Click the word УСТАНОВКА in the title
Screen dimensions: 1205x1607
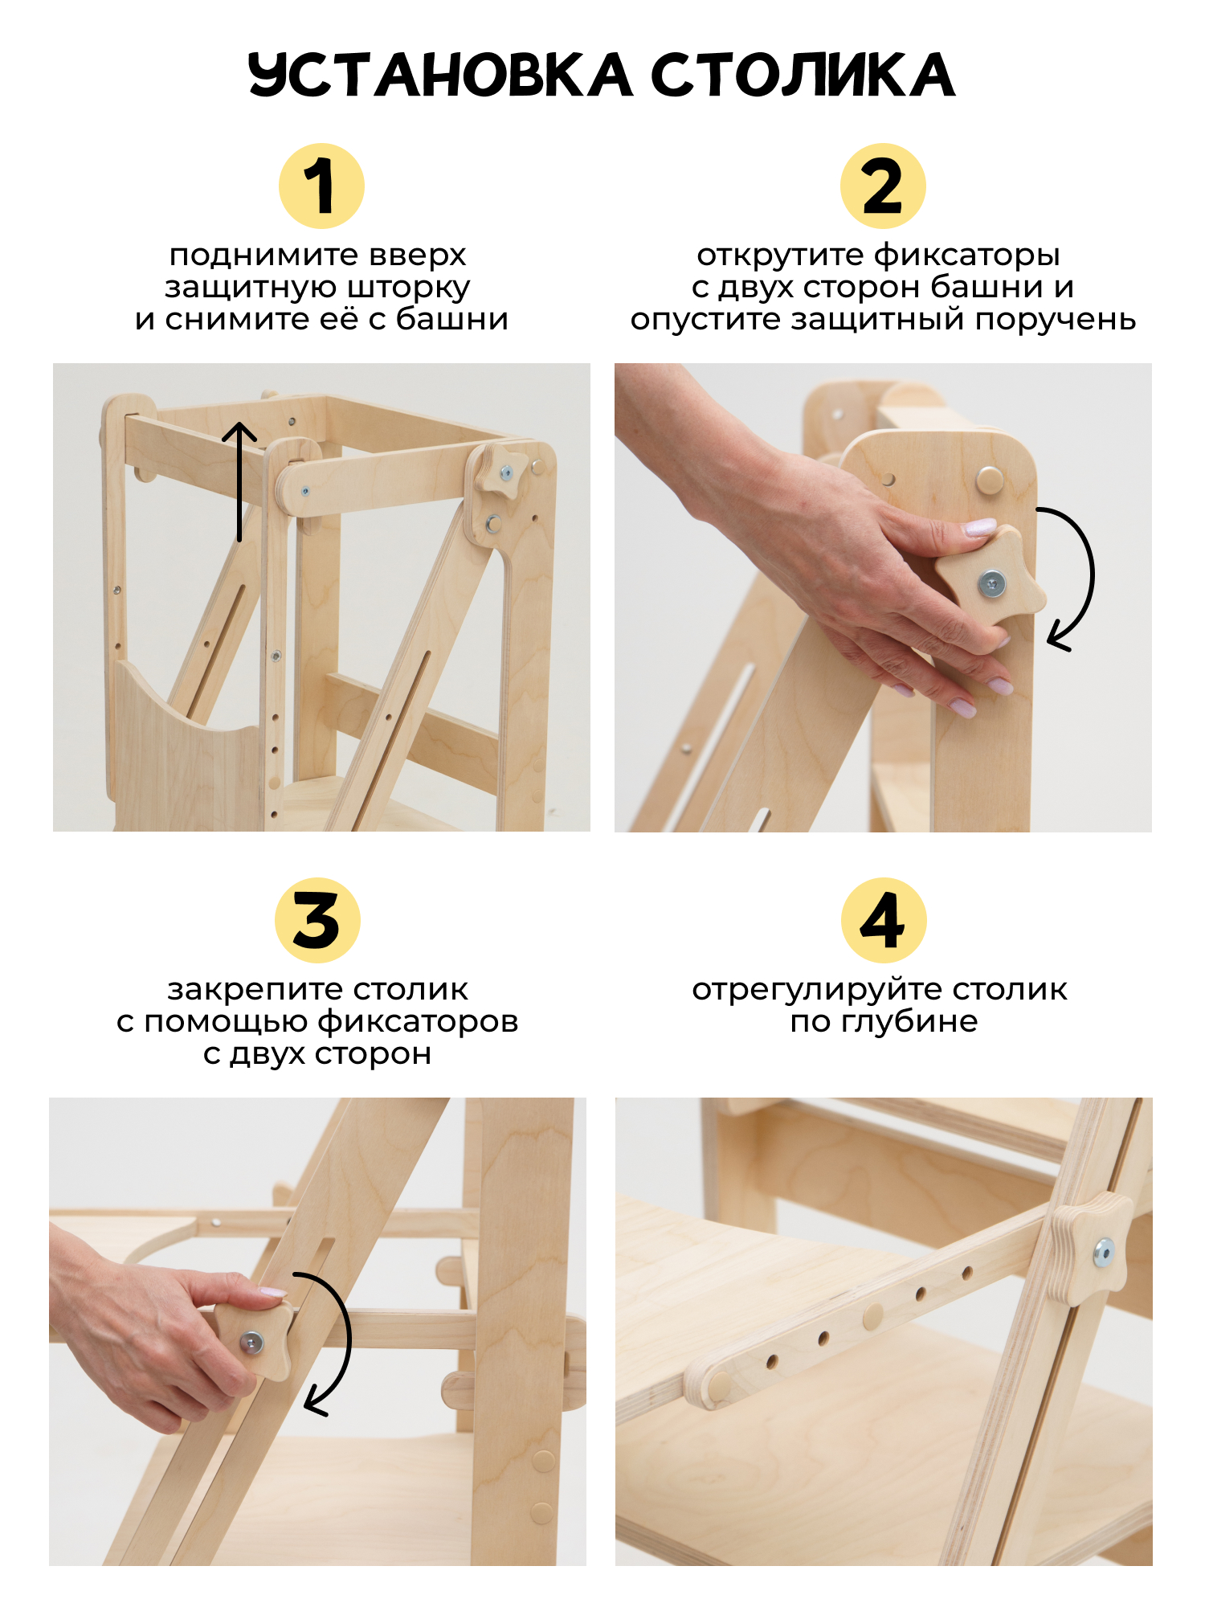440,75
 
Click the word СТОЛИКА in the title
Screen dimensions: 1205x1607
803,75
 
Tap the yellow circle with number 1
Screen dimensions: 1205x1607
321,186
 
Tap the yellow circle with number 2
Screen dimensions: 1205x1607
883,186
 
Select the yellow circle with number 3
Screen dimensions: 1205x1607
317,920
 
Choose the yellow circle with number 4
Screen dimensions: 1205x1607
884,920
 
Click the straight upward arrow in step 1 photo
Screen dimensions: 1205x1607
239,481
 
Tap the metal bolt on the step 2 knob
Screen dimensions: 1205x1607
993,583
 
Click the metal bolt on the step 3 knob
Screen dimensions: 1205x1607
251,1340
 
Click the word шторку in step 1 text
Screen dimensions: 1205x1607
409,288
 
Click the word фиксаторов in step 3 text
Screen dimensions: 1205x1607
418,1022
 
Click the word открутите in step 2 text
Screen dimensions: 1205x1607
780,256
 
